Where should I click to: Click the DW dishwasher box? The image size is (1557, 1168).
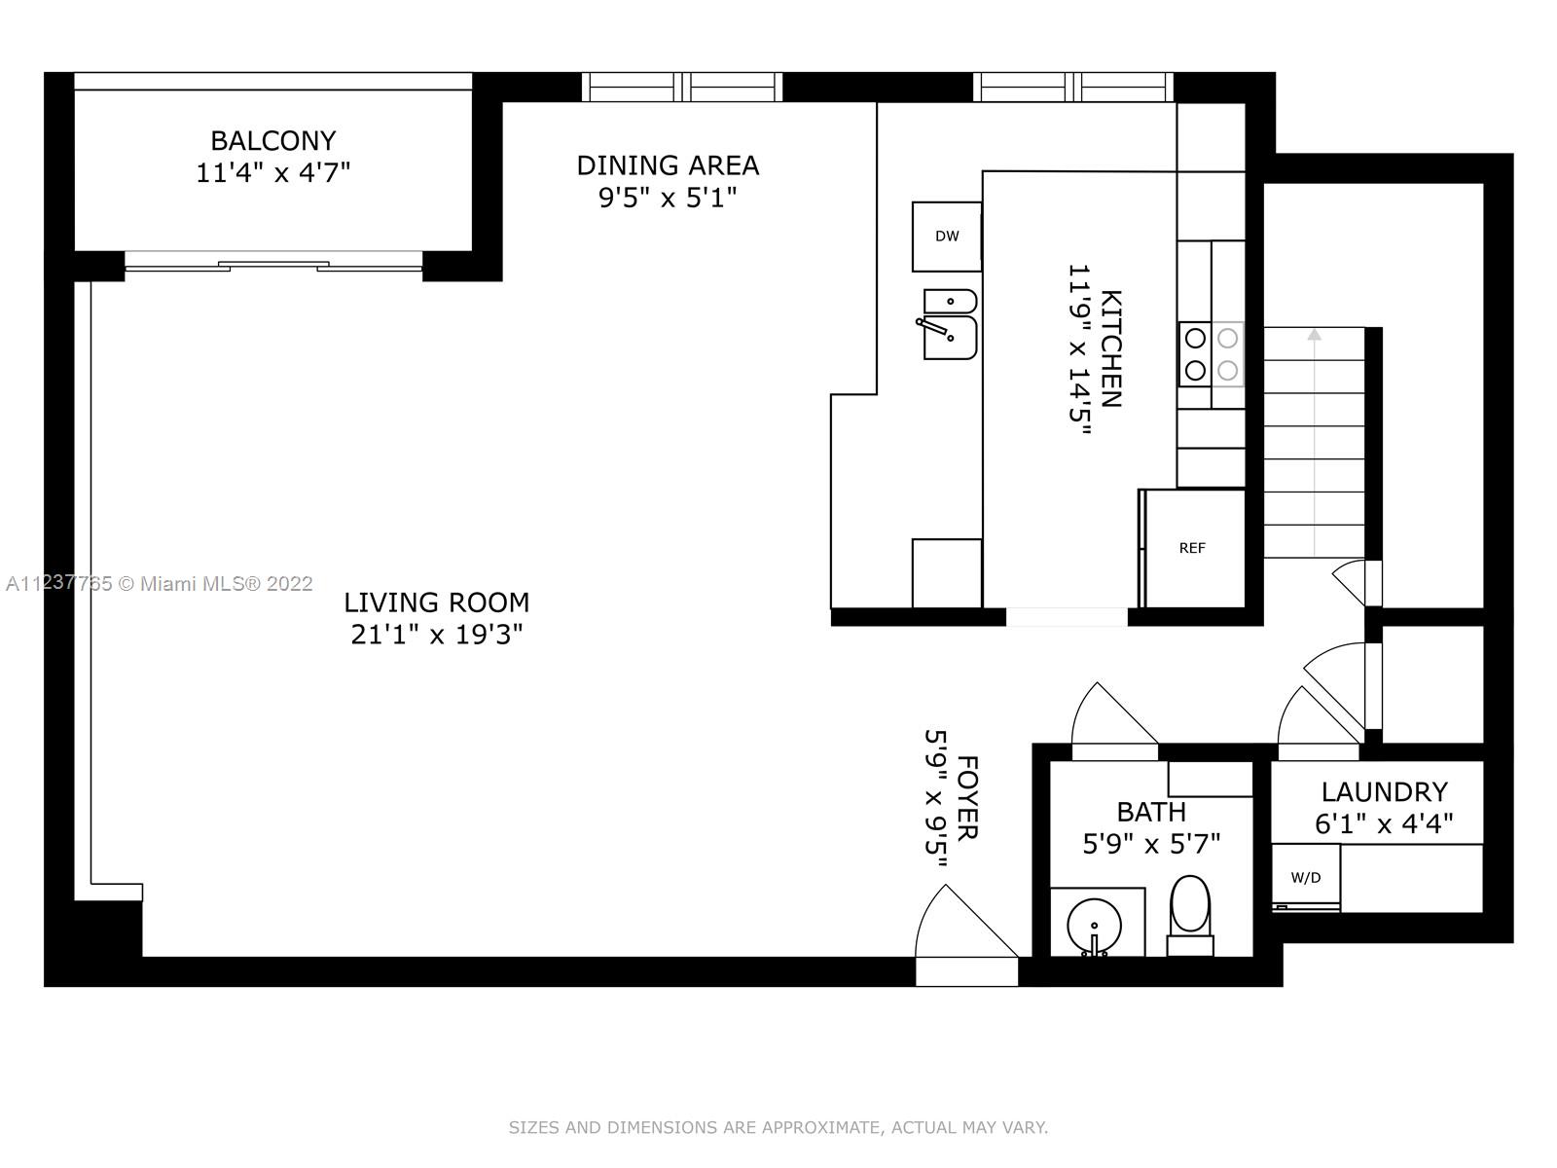pyautogui.click(x=947, y=237)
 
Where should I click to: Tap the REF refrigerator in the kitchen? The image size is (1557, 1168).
pyautogui.click(x=1192, y=547)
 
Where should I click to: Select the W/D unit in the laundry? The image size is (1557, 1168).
pyautogui.click(x=1306, y=877)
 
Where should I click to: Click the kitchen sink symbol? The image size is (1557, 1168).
pyautogui.click(x=949, y=324)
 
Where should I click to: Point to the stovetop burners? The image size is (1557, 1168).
pyautogui.click(x=1212, y=354)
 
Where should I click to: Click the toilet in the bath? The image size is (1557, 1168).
pyautogui.click(x=1189, y=915)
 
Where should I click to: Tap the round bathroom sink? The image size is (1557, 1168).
pyautogui.click(x=1094, y=927)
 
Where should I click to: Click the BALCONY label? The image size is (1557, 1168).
pyautogui.click(x=273, y=140)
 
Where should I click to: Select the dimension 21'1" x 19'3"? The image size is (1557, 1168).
pyautogui.click(x=436, y=634)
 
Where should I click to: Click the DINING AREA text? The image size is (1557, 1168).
pyautogui.click(x=668, y=165)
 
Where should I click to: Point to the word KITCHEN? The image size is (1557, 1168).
pyautogui.click(x=1111, y=348)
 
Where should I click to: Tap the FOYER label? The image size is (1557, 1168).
pyautogui.click(x=967, y=798)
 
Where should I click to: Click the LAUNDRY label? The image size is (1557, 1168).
pyautogui.click(x=1384, y=791)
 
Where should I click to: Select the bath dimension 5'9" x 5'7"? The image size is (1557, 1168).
pyautogui.click(x=1151, y=844)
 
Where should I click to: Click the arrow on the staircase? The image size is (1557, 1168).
pyautogui.click(x=1315, y=442)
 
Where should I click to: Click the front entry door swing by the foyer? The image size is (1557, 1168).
pyautogui.click(x=967, y=922)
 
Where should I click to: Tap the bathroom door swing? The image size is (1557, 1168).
pyautogui.click(x=1114, y=713)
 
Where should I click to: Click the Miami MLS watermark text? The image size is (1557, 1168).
pyautogui.click(x=160, y=584)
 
